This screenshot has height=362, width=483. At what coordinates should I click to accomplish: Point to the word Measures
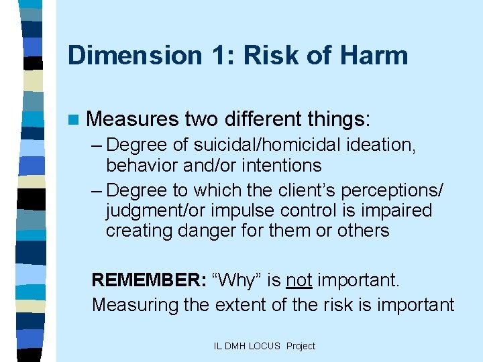click(x=133, y=119)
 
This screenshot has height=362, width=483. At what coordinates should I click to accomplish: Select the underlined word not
click(x=299, y=279)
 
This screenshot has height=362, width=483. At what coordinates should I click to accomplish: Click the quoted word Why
click(x=237, y=279)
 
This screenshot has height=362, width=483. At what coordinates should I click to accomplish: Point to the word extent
click(x=245, y=304)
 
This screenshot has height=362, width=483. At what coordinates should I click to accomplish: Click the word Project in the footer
click(x=300, y=346)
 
